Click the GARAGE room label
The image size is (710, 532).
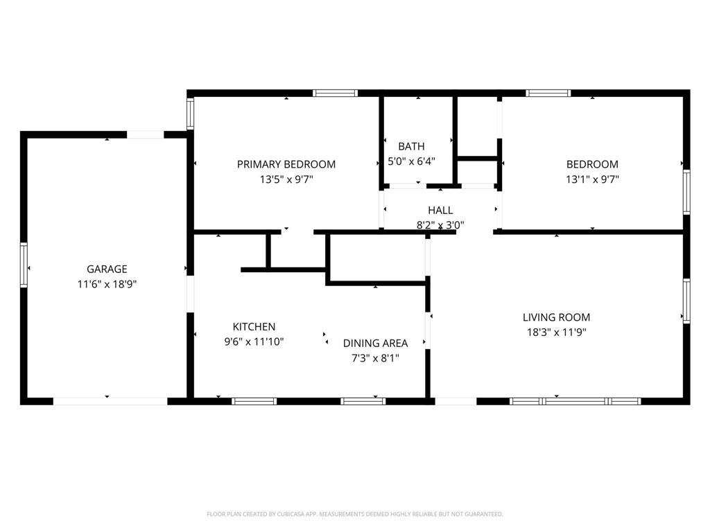[107, 269]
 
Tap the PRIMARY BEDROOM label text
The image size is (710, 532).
[286, 164]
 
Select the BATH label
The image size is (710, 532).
[411, 147]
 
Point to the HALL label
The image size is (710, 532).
[440, 211]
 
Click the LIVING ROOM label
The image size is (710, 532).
[557, 317]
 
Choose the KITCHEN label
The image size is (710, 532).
[254, 327]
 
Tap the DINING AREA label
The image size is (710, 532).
[375, 344]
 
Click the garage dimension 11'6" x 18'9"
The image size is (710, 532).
[107, 284]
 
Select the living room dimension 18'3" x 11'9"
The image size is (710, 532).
[557, 332]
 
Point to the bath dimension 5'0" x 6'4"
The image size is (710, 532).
[411, 161]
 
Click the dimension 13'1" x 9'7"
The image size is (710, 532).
[592, 179]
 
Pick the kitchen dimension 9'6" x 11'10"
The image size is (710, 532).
[254, 342]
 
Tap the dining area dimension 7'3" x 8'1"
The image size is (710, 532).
[375, 358]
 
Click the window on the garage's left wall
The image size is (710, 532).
[24, 265]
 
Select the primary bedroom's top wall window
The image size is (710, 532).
[335, 94]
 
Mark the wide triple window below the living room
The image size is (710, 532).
[575, 401]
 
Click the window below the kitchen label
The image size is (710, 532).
[254, 401]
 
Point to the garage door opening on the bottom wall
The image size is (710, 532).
[110, 401]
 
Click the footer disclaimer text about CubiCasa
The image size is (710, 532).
[355, 514]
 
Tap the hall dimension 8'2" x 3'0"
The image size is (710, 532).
[440, 225]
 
